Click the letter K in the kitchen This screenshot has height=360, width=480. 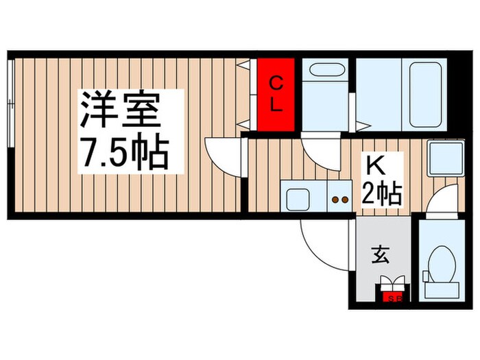(374, 167)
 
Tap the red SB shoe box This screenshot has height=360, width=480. (394, 297)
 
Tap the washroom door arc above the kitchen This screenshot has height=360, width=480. (321, 153)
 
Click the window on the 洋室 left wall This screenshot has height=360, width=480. (11, 103)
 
